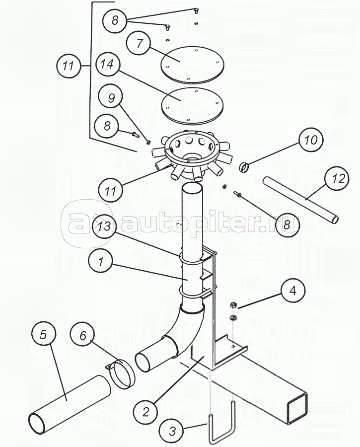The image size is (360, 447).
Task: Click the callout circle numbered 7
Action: (139, 44)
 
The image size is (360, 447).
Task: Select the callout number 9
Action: (111, 98)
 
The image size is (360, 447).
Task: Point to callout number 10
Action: (311, 140)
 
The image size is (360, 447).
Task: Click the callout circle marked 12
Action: (337, 178)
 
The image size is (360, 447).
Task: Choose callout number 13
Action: (104, 226)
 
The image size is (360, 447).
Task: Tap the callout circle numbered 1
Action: (100, 262)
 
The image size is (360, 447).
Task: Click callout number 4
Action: (293, 291)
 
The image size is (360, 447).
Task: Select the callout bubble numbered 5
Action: (43, 334)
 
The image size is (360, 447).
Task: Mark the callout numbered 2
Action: (145, 412)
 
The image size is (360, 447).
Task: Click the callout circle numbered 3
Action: (172, 431)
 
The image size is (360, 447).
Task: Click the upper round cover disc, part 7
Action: (193, 65)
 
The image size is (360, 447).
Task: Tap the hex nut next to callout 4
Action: (233, 305)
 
